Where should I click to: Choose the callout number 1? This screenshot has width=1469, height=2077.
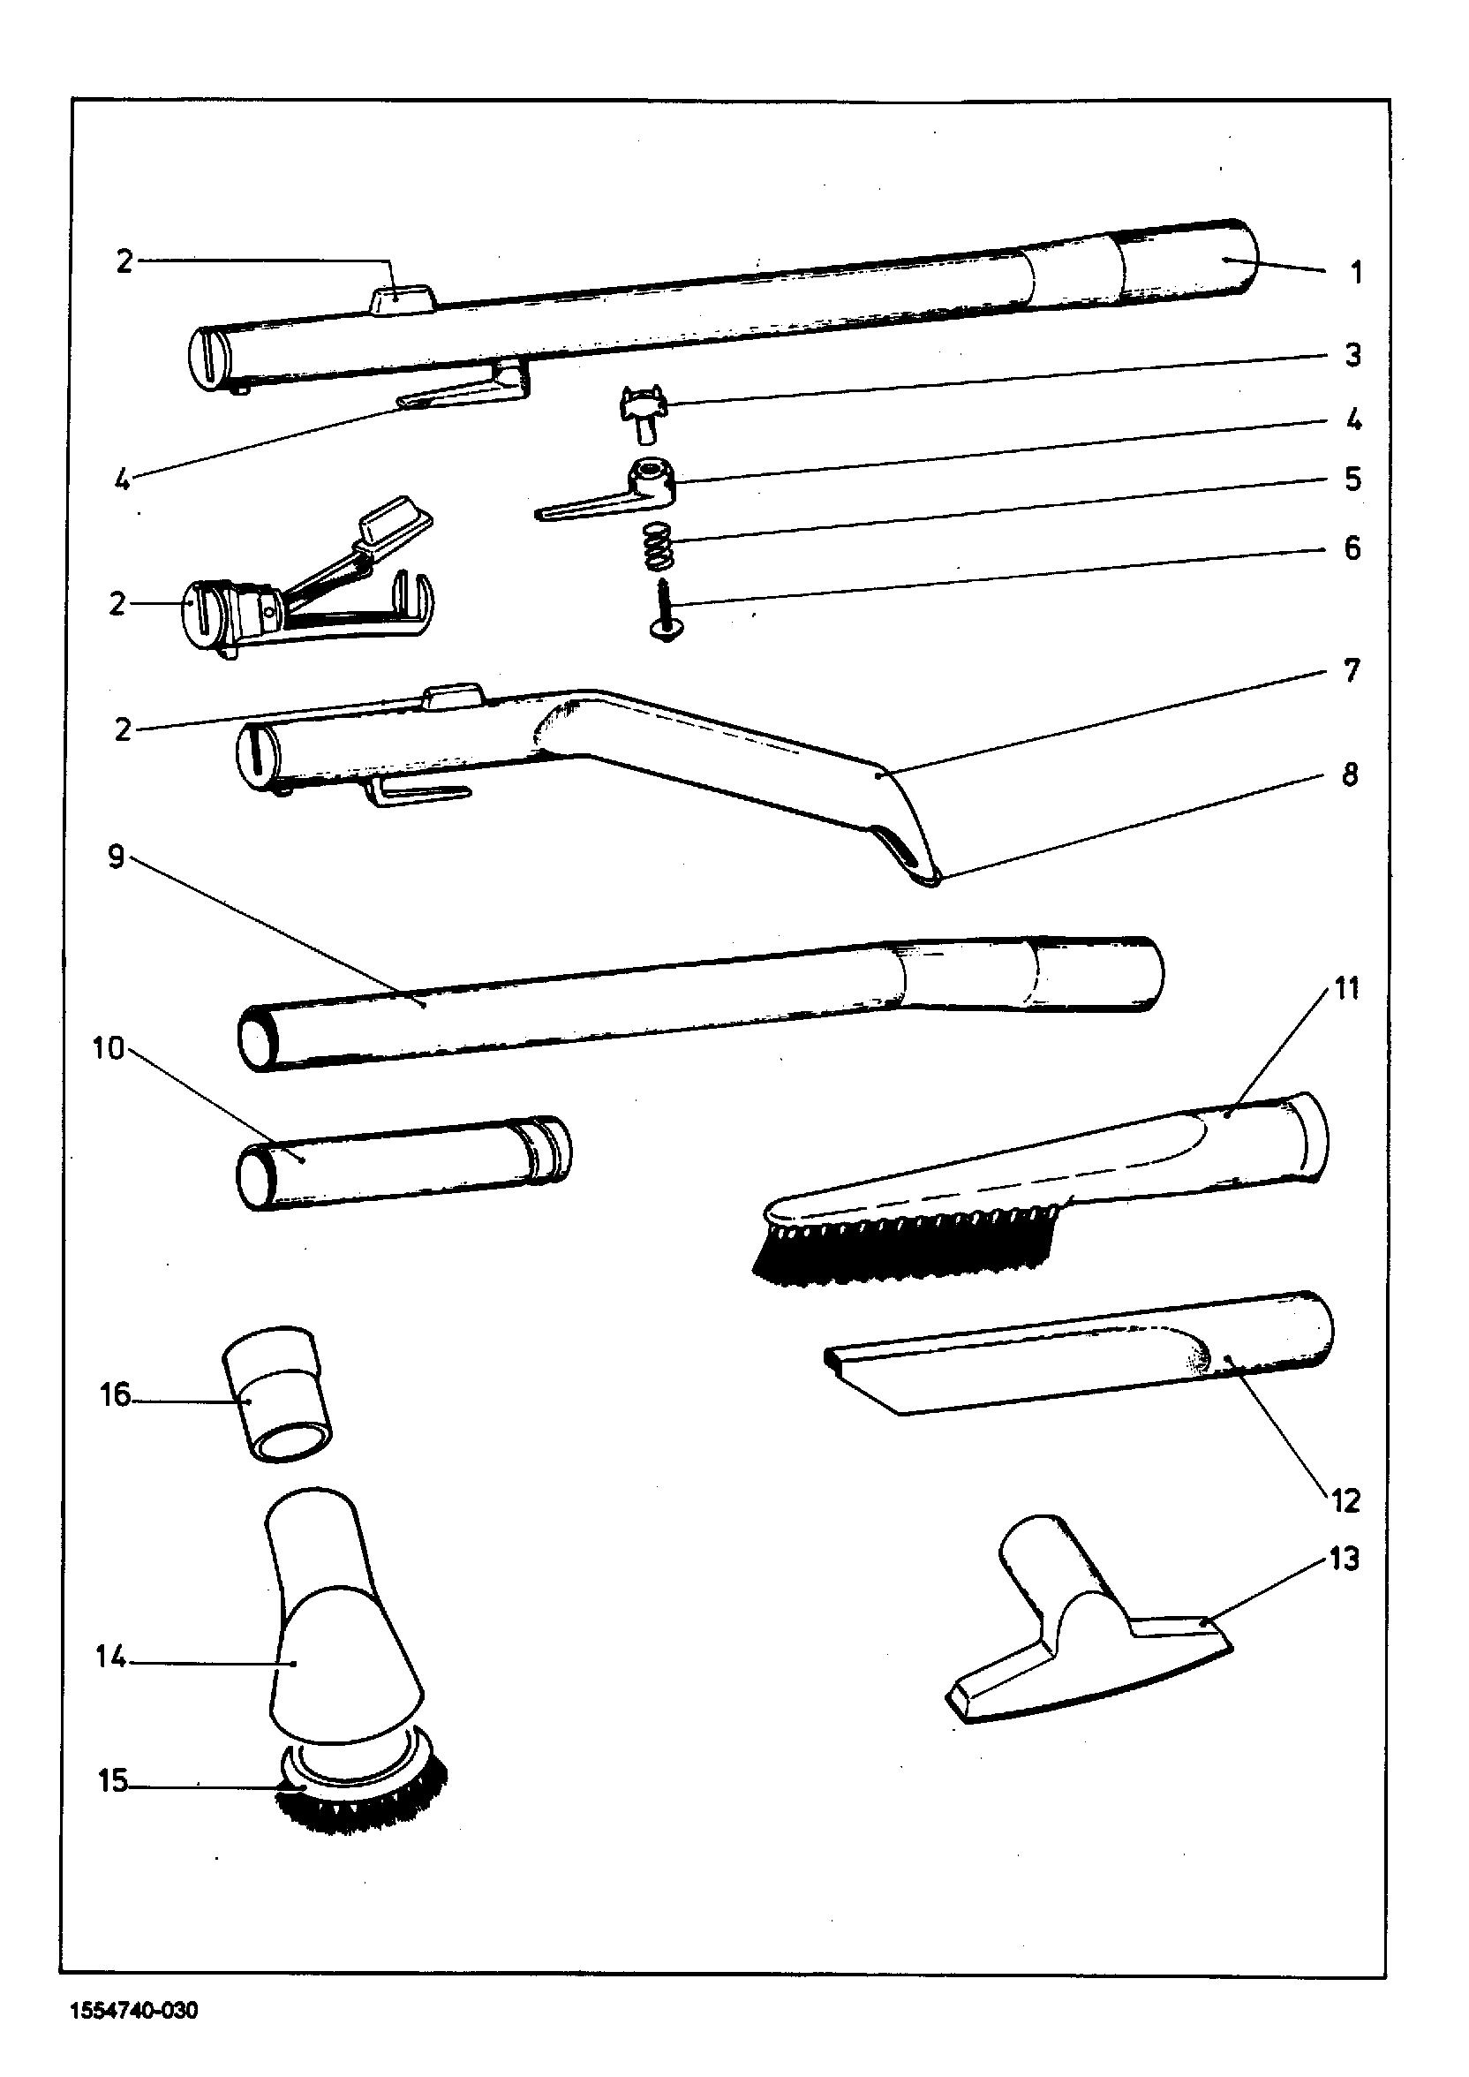[x=1355, y=272]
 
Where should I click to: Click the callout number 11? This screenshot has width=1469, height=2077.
[x=1347, y=989]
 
